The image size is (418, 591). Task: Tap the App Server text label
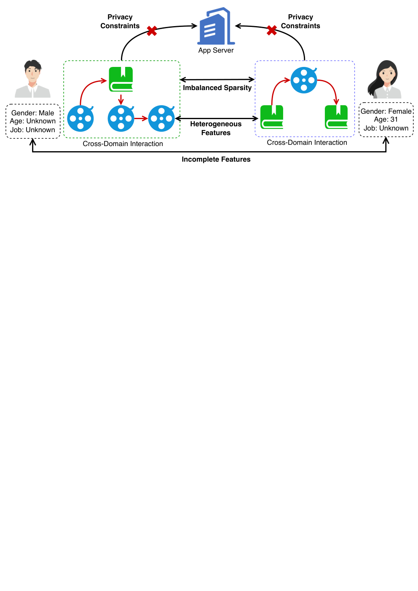click(x=216, y=51)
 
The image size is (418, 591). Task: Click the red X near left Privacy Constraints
click(x=152, y=31)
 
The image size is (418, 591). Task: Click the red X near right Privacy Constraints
click(x=272, y=30)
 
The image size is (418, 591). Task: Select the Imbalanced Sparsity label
click(x=217, y=88)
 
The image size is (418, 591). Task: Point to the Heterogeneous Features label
click(x=216, y=128)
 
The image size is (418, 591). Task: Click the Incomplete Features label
click(x=216, y=160)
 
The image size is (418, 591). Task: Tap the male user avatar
click(x=32, y=79)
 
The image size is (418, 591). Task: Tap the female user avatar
click(x=385, y=79)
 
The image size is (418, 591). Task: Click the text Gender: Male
click(x=32, y=113)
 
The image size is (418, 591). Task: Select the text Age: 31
click(x=386, y=120)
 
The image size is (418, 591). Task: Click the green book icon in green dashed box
click(x=121, y=80)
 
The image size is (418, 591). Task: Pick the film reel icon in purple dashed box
click(x=304, y=80)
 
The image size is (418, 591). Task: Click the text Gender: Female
click(x=386, y=112)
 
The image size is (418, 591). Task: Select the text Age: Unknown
click(x=33, y=121)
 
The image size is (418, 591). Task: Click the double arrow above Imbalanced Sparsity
click(x=217, y=80)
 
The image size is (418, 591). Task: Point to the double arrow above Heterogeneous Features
click(x=217, y=119)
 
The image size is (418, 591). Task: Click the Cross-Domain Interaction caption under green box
click(x=123, y=144)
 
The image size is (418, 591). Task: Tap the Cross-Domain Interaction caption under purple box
click(x=307, y=142)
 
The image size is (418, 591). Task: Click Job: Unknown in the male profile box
click(x=32, y=130)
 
